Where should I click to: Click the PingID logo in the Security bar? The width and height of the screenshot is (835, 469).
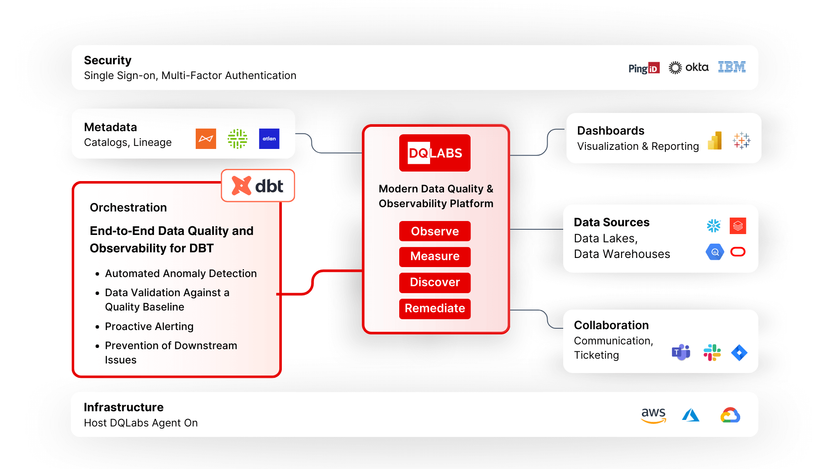point(644,68)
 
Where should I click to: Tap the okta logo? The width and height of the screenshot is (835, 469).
point(688,67)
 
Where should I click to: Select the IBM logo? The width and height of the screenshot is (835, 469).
point(732,67)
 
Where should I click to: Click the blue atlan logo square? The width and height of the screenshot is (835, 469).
point(269,139)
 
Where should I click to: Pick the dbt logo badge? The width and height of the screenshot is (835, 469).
point(258,186)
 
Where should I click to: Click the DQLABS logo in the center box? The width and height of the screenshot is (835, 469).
point(435,153)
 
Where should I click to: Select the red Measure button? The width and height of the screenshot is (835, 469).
point(435,257)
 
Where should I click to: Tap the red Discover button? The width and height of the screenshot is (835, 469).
point(435,283)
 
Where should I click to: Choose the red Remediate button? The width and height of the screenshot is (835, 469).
point(435,309)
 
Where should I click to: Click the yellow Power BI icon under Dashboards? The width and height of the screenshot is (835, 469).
point(715,141)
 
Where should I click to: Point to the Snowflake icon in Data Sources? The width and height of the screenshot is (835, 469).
point(714,226)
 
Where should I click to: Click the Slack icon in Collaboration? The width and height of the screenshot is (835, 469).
point(712,353)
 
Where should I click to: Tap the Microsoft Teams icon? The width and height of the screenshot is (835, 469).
point(681,352)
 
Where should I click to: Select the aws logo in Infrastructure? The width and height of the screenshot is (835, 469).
point(654,415)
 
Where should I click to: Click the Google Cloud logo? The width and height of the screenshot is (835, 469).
point(730,415)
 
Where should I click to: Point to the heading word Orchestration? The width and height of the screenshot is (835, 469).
point(128,208)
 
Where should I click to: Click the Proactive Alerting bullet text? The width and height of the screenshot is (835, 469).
point(149,327)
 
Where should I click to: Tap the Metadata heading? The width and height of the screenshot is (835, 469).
point(110,127)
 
